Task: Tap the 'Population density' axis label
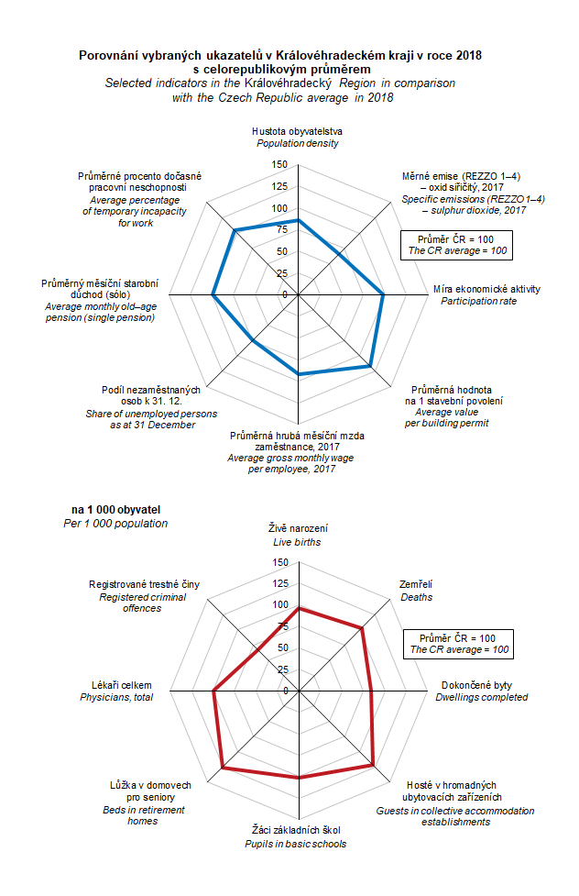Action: pyautogui.click(x=298, y=144)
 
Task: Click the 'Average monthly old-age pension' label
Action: pyautogui.click(x=101, y=312)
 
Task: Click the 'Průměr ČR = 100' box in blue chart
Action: pyautogui.click(x=457, y=244)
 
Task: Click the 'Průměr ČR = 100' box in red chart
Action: pyautogui.click(x=457, y=643)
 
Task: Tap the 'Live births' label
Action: pyautogui.click(x=298, y=542)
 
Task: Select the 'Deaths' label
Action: pyautogui.click(x=416, y=597)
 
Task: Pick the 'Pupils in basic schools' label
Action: pyautogui.click(x=300, y=844)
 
